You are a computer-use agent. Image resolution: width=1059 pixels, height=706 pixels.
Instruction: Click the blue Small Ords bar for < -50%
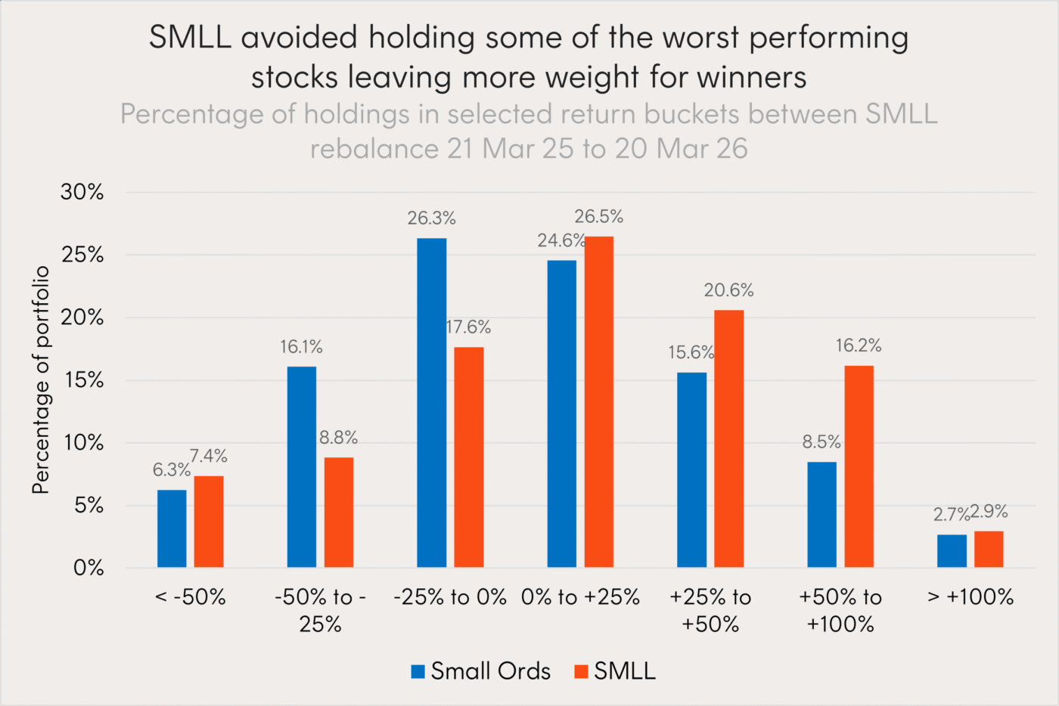(172, 528)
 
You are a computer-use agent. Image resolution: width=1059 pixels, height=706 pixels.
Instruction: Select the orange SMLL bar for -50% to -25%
(339, 512)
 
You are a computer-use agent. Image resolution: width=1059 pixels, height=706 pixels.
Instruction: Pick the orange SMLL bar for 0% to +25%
(598, 401)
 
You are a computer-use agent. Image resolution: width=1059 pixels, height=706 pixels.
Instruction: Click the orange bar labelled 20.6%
(728, 438)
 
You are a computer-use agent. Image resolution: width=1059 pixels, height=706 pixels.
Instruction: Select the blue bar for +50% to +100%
(821, 514)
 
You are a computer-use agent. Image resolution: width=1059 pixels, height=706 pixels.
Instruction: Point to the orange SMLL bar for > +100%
(989, 549)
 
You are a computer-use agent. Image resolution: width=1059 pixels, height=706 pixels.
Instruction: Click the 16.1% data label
(301, 347)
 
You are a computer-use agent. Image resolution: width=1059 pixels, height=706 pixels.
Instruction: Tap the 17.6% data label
(469, 327)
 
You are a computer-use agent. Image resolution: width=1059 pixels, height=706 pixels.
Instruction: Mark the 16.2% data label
(859, 345)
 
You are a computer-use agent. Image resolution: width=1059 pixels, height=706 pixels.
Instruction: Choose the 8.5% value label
(821, 441)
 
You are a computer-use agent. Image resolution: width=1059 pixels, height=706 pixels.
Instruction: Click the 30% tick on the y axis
(82, 192)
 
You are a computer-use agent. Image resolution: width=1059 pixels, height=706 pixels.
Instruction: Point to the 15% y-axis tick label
(84, 380)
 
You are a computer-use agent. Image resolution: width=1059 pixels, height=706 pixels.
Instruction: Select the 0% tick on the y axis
(89, 568)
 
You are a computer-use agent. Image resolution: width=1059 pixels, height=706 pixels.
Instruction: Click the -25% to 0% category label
(450, 597)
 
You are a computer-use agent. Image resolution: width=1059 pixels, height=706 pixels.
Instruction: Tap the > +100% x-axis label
(970, 597)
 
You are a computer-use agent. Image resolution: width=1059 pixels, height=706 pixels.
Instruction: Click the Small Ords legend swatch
(418, 671)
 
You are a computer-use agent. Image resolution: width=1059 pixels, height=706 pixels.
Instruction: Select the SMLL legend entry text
(625, 671)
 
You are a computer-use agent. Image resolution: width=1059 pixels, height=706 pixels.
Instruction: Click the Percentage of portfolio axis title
(41, 379)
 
